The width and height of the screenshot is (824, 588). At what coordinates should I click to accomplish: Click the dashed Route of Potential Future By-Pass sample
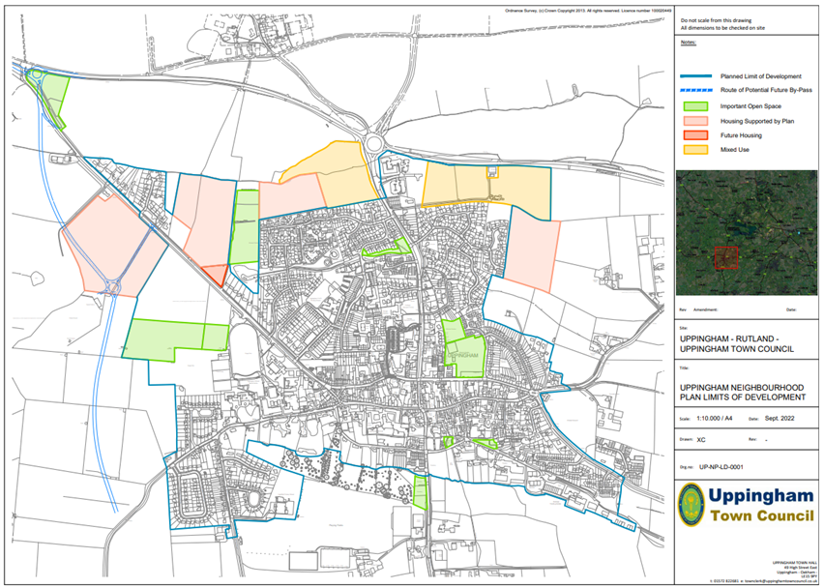[x=695, y=90]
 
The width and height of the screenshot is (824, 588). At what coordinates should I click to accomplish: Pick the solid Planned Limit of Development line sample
[x=695, y=74]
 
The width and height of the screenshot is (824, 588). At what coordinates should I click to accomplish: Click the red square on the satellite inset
[x=725, y=258]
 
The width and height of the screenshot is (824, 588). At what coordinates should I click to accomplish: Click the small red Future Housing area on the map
[x=217, y=273]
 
